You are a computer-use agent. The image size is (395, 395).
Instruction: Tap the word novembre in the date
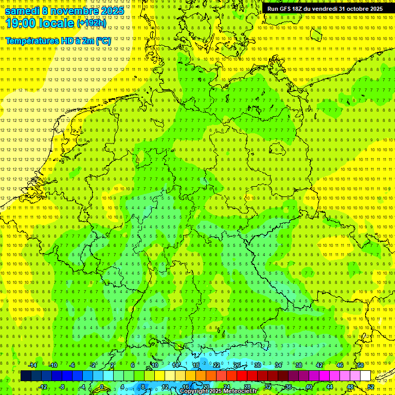(74, 11)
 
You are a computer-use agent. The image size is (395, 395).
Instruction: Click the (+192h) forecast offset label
(92, 23)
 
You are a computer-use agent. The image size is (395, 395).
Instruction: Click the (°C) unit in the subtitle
(102, 40)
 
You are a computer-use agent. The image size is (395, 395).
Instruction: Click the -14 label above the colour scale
(33, 365)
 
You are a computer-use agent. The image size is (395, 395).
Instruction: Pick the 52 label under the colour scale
(371, 387)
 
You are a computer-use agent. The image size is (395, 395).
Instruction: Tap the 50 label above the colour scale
(361, 365)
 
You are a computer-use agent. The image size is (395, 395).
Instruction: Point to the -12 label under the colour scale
(43, 387)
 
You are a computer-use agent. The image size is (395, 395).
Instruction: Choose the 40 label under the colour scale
(309, 387)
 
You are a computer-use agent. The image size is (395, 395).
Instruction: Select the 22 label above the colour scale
(217, 365)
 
